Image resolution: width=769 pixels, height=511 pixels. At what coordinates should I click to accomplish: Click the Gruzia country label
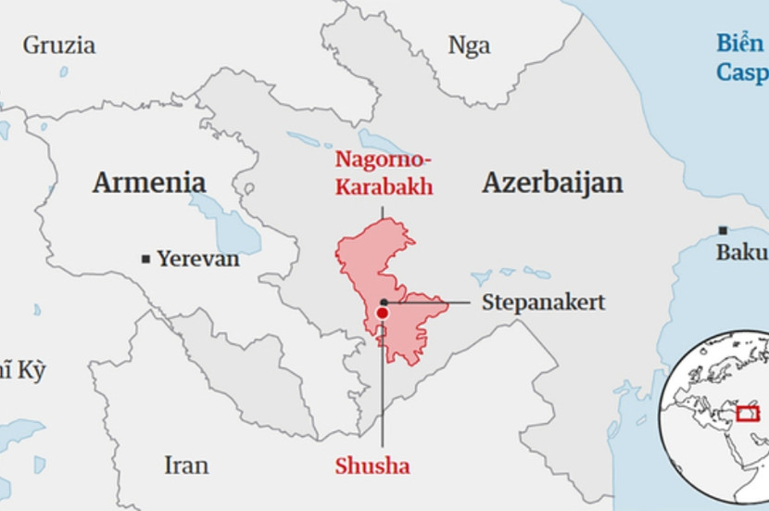[x=58, y=45]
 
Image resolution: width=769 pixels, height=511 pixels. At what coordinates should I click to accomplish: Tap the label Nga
[x=469, y=45]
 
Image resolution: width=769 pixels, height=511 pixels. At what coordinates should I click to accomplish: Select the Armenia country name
[x=148, y=182]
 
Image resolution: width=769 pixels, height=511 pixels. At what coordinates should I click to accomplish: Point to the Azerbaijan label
[x=552, y=183]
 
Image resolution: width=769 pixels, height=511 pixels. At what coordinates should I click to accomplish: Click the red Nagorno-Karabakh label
[x=384, y=174]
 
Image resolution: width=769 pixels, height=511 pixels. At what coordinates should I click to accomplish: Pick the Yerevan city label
[x=197, y=259]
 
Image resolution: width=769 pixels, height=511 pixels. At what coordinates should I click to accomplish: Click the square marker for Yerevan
[x=145, y=260]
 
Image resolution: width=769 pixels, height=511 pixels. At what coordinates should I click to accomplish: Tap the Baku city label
[x=740, y=252]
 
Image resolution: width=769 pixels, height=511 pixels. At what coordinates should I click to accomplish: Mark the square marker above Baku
[x=723, y=230]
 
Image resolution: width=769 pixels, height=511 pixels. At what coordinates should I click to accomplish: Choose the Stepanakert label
[x=543, y=302]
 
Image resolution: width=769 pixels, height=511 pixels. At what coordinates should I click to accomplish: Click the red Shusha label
[x=372, y=466]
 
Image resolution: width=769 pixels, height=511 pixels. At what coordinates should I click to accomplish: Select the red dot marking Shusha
[x=382, y=313]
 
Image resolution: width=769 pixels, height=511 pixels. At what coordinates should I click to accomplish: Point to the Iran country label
[x=186, y=465]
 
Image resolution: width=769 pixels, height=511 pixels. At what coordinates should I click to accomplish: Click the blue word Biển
[x=739, y=44]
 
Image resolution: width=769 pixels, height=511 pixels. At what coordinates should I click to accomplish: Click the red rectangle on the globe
[x=747, y=411]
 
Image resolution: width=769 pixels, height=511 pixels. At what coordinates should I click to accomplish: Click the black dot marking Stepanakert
[x=383, y=303]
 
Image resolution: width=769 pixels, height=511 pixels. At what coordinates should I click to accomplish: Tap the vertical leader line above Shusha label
[x=382, y=390]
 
